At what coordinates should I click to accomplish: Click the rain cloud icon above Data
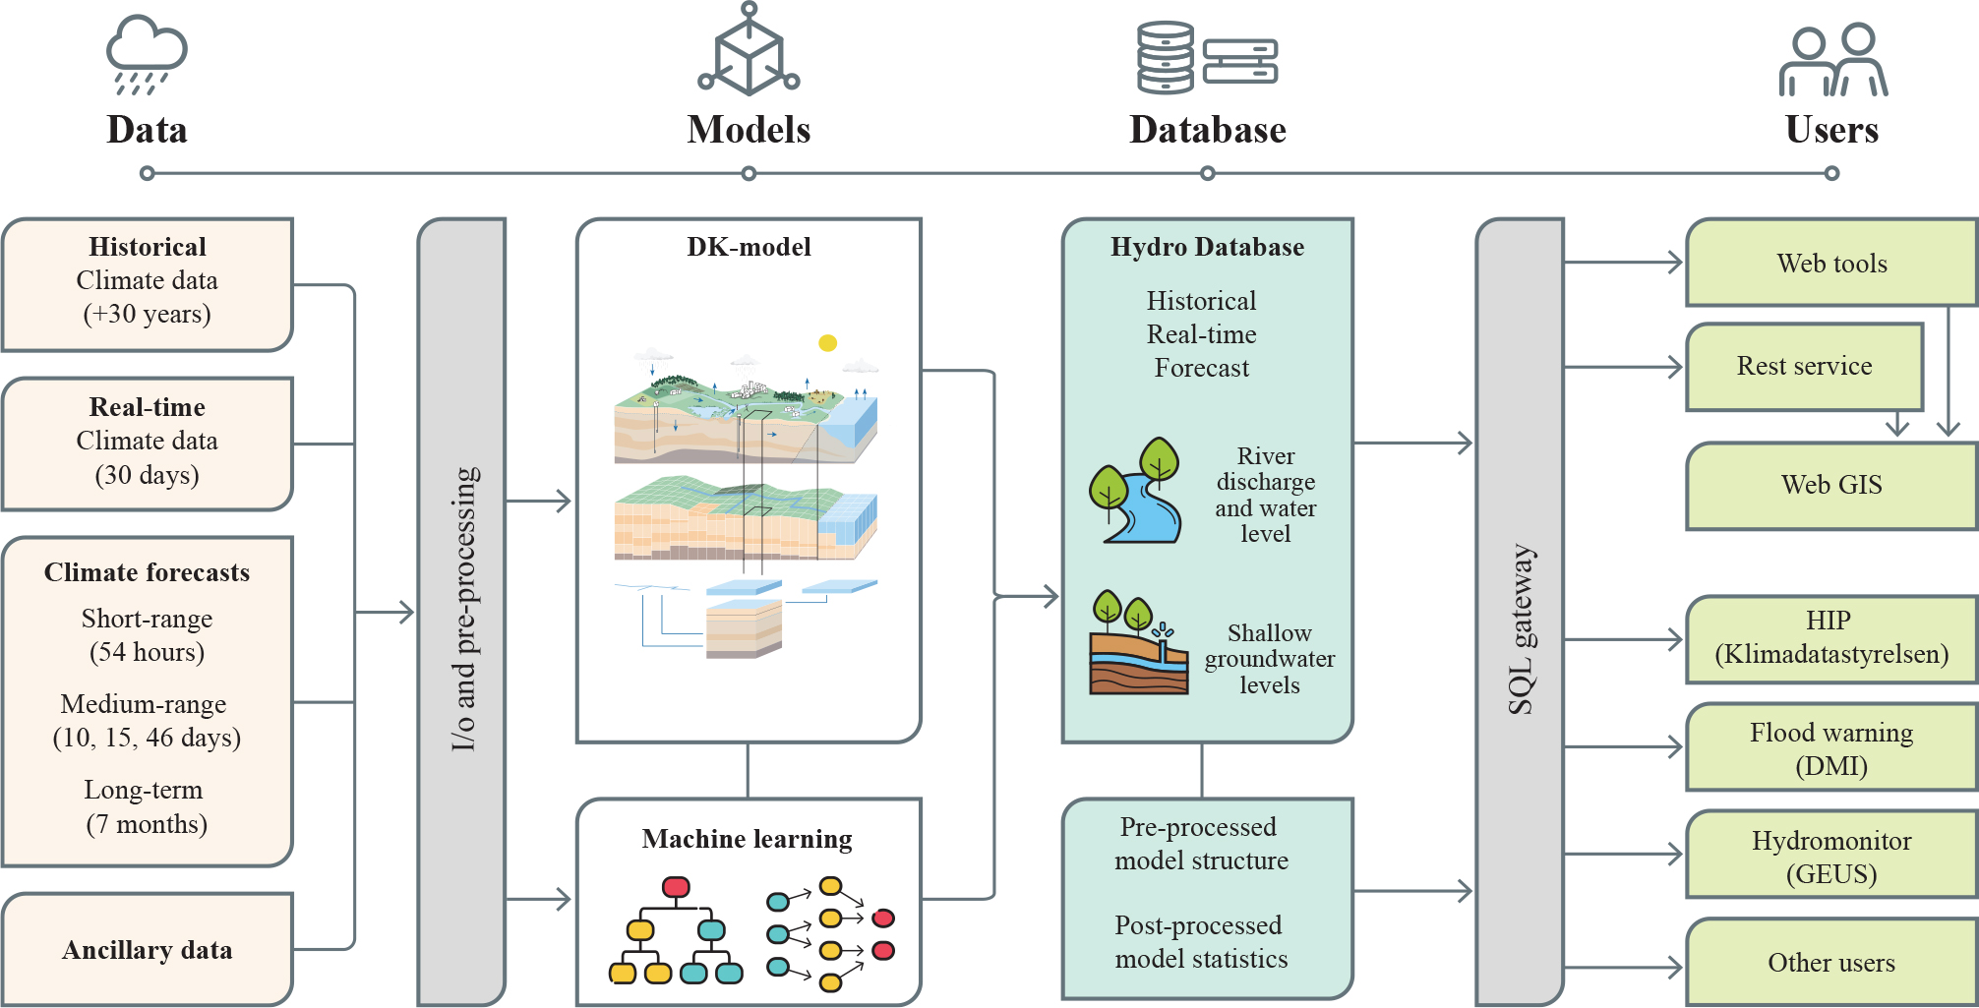pyautogui.click(x=147, y=55)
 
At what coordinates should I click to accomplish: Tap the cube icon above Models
pyautogui.click(x=749, y=51)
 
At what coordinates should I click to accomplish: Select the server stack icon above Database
pyautogui.click(x=1207, y=58)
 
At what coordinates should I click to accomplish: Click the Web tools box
pyautogui.click(x=1831, y=264)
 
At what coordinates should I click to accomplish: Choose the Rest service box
pyautogui.click(x=1804, y=367)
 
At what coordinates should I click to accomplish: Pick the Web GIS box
pyautogui.click(x=1831, y=486)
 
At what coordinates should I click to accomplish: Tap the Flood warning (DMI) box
pyautogui.click(x=1831, y=748)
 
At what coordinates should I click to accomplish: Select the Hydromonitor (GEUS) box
pyautogui.click(x=1831, y=857)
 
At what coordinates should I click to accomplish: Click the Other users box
pyautogui.click(x=1831, y=963)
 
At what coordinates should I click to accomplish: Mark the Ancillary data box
pyautogui.click(x=148, y=950)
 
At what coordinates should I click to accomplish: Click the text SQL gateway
pyautogui.click(x=1521, y=629)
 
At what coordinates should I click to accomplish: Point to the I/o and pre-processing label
pyautogui.click(x=463, y=610)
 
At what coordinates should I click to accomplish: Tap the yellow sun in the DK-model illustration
pyautogui.click(x=828, y=343)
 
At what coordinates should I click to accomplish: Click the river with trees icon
pyautogui.click(x=1136, y=492)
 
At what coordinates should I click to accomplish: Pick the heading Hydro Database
pyautogui.click(x=1207, y=247)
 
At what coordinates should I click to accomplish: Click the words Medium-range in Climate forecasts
pyautogui.click(x=144, y=704)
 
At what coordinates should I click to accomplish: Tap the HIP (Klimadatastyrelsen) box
pyautogui.click(x=1831, y=638)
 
